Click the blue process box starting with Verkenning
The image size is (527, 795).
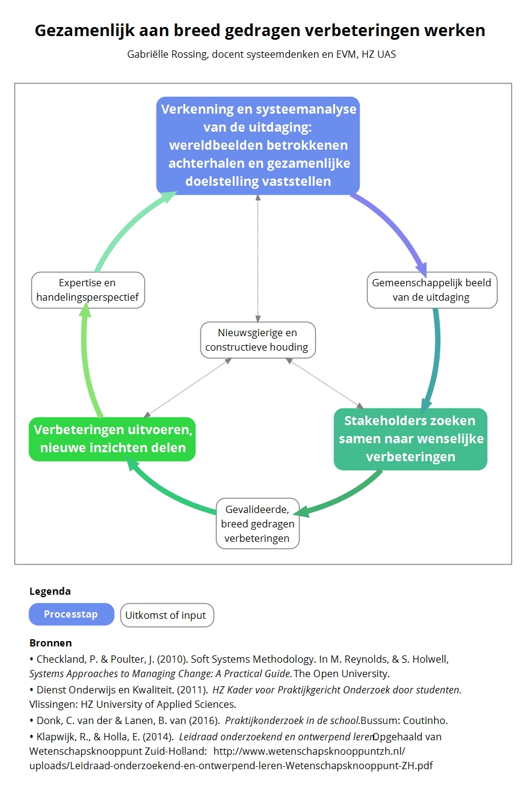(258, 145)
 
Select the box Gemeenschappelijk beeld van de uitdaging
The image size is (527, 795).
(431, 290)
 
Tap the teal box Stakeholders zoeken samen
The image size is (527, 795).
(410, 438)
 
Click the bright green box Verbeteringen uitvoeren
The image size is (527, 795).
(112, 439)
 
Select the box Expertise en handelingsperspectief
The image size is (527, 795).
(88, 290)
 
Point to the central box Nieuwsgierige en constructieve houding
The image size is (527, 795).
(257, 340)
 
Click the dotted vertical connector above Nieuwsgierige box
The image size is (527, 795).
(258, 259)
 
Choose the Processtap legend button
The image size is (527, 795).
(71, 615)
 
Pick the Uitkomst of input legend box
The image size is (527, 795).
(167, 615)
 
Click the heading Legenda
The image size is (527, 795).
(50, 591)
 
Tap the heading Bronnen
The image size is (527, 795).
(51, 643)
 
